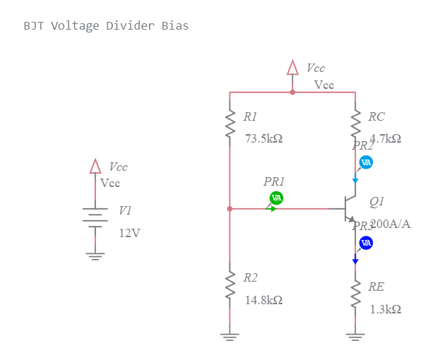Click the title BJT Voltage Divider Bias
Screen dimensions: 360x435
[106, 26]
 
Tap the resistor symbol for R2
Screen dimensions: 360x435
[230, 286]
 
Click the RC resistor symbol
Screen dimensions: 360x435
[355, 124]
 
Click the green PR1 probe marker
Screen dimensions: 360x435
[276, 198]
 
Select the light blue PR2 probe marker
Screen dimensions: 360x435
[366, 162]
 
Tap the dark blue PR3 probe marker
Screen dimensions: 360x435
[366, 243]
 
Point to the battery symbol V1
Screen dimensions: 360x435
[95, 217]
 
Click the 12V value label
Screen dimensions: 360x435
[129, 233]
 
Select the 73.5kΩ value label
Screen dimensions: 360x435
[263, 138]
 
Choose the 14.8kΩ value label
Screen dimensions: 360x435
[263, 300]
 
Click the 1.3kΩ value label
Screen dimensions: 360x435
[386, 309]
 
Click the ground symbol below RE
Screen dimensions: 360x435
[355, 336]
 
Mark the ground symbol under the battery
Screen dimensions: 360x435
[95, 256]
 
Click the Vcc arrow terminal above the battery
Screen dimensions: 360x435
[95, 167]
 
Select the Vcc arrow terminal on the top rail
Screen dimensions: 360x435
[292, 68]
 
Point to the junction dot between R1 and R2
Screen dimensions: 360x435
[230, 208]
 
